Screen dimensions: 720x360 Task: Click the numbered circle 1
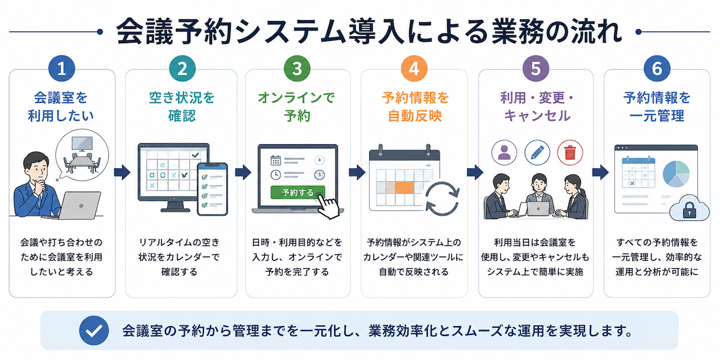pos(61,68)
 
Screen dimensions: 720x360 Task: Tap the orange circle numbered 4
pos(414,68)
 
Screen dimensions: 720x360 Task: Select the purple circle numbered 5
pos(535,68)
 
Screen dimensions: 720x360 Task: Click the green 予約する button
pos(297,192)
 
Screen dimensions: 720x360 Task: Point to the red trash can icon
pos(570,153)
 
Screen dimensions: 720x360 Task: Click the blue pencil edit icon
pos(537,153)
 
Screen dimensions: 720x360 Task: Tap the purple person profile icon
pos(504,153)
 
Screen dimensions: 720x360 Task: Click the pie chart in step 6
pos(676,174)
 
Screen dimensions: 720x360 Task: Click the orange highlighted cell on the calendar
pos(404,188)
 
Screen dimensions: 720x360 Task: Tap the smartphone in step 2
pos(213,189)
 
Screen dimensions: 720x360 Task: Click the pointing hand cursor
pos(328,207)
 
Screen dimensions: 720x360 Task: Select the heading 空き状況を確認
pos(182,106)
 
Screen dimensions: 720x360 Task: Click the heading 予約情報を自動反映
pos(415,106)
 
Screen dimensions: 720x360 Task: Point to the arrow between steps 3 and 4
pos(356,172)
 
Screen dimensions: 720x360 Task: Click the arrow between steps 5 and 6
pos(600,172)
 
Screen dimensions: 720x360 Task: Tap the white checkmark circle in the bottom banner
pos(94,330)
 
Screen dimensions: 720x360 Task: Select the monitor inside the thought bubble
pos(82,144)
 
